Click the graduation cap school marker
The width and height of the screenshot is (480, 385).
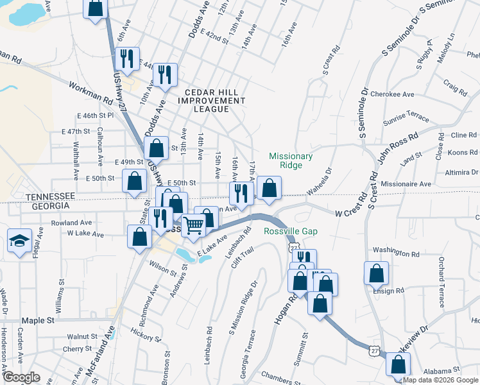click(20, 242)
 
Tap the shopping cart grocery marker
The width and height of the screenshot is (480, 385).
click(193, 225)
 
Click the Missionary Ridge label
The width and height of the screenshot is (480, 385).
click(291, 160)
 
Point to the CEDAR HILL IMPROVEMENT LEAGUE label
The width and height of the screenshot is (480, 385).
click(211, 101)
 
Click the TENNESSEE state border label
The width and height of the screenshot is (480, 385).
click(51, 196)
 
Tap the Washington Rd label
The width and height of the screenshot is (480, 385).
click(395, 249)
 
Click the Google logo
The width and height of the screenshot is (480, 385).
click(21, 377)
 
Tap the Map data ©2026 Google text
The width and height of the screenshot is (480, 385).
click(440, 380)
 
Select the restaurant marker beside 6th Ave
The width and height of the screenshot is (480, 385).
click(126, 58)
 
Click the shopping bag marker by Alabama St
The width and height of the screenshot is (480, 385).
click(399, 365)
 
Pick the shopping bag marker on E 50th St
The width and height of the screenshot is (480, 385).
click(135, 182)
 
